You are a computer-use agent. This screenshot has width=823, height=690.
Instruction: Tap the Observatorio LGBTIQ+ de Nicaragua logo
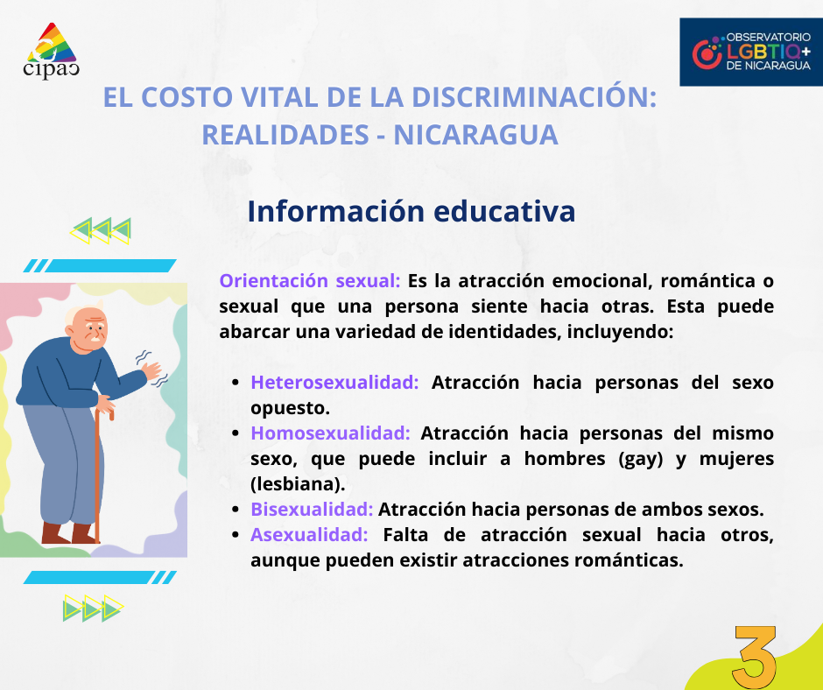pyautogui.click(x=751, y=53)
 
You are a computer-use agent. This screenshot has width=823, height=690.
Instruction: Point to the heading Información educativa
pyautogui.click(x=411, y=211)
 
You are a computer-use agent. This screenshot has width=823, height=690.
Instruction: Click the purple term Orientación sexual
pyautogui.click(x=310, y=281)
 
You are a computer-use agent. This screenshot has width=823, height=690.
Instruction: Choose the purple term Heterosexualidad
pyautogui.click(x=334, y=383)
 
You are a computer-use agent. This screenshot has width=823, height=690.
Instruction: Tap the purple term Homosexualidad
pyautogui.click(x=330, y=433)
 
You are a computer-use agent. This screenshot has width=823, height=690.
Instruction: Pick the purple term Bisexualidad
pyautogui.click(x=312, y=510)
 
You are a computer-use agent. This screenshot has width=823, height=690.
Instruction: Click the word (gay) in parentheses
pyautogui.click(x=634, y=460)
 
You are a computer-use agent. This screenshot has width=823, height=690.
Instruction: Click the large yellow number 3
pyautogui.click(x=756, y=657)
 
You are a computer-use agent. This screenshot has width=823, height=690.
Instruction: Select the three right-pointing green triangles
pyautogui.click(x=93, y=608)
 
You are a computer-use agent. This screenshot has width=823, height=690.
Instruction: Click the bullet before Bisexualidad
pyautogui.click(x=236, y=510)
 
